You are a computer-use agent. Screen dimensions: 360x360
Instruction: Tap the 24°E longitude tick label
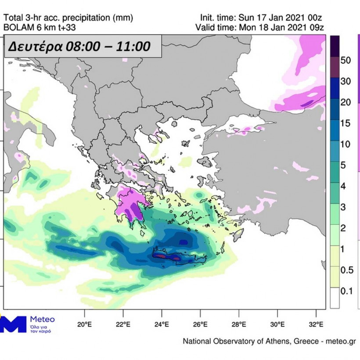(x=162, y=325)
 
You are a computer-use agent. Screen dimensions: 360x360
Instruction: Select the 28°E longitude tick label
(x=239, y=325)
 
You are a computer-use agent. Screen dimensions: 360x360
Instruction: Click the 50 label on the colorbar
(x=346, y=61)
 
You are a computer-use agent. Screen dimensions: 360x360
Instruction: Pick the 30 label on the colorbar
(x=346, y=81)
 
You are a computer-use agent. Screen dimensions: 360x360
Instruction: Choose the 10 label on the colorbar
(x=346, y=144)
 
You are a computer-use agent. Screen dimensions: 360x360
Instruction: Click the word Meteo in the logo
(x=42, y=320)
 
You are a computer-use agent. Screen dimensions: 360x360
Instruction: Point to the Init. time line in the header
(x=262, y=18)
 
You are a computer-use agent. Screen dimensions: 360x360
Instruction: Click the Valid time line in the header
(x=262, y=28)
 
